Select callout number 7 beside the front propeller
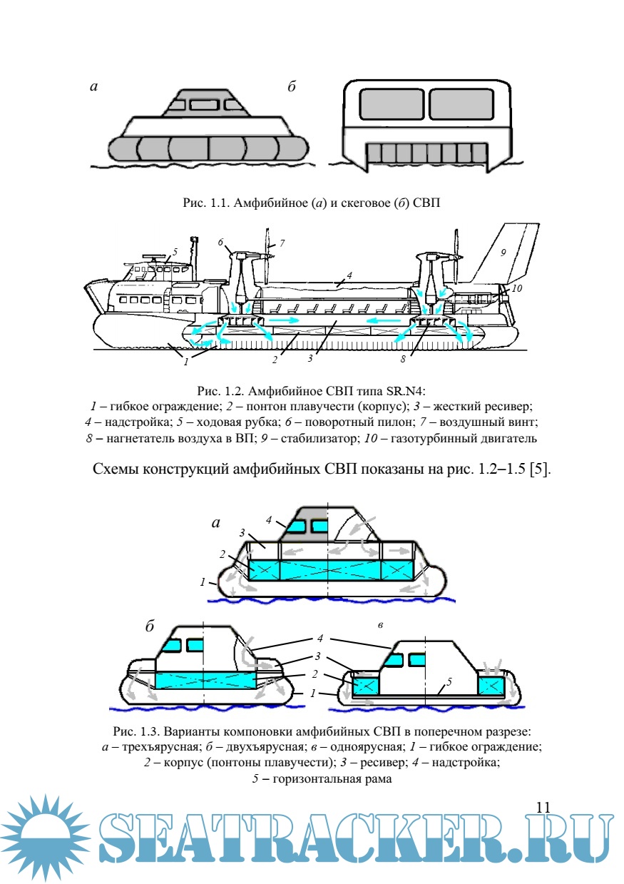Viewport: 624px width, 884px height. point(282,243)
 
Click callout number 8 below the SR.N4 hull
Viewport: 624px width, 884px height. point(403,360)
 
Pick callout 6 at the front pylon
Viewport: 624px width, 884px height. point(222,243)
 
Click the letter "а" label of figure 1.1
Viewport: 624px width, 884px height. point(93,87)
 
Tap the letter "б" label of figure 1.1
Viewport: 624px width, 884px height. point(292,87)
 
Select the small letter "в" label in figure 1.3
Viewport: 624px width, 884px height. point(382,625)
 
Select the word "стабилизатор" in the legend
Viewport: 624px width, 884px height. point(369,438)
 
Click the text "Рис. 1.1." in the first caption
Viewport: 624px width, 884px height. point(205,203)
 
